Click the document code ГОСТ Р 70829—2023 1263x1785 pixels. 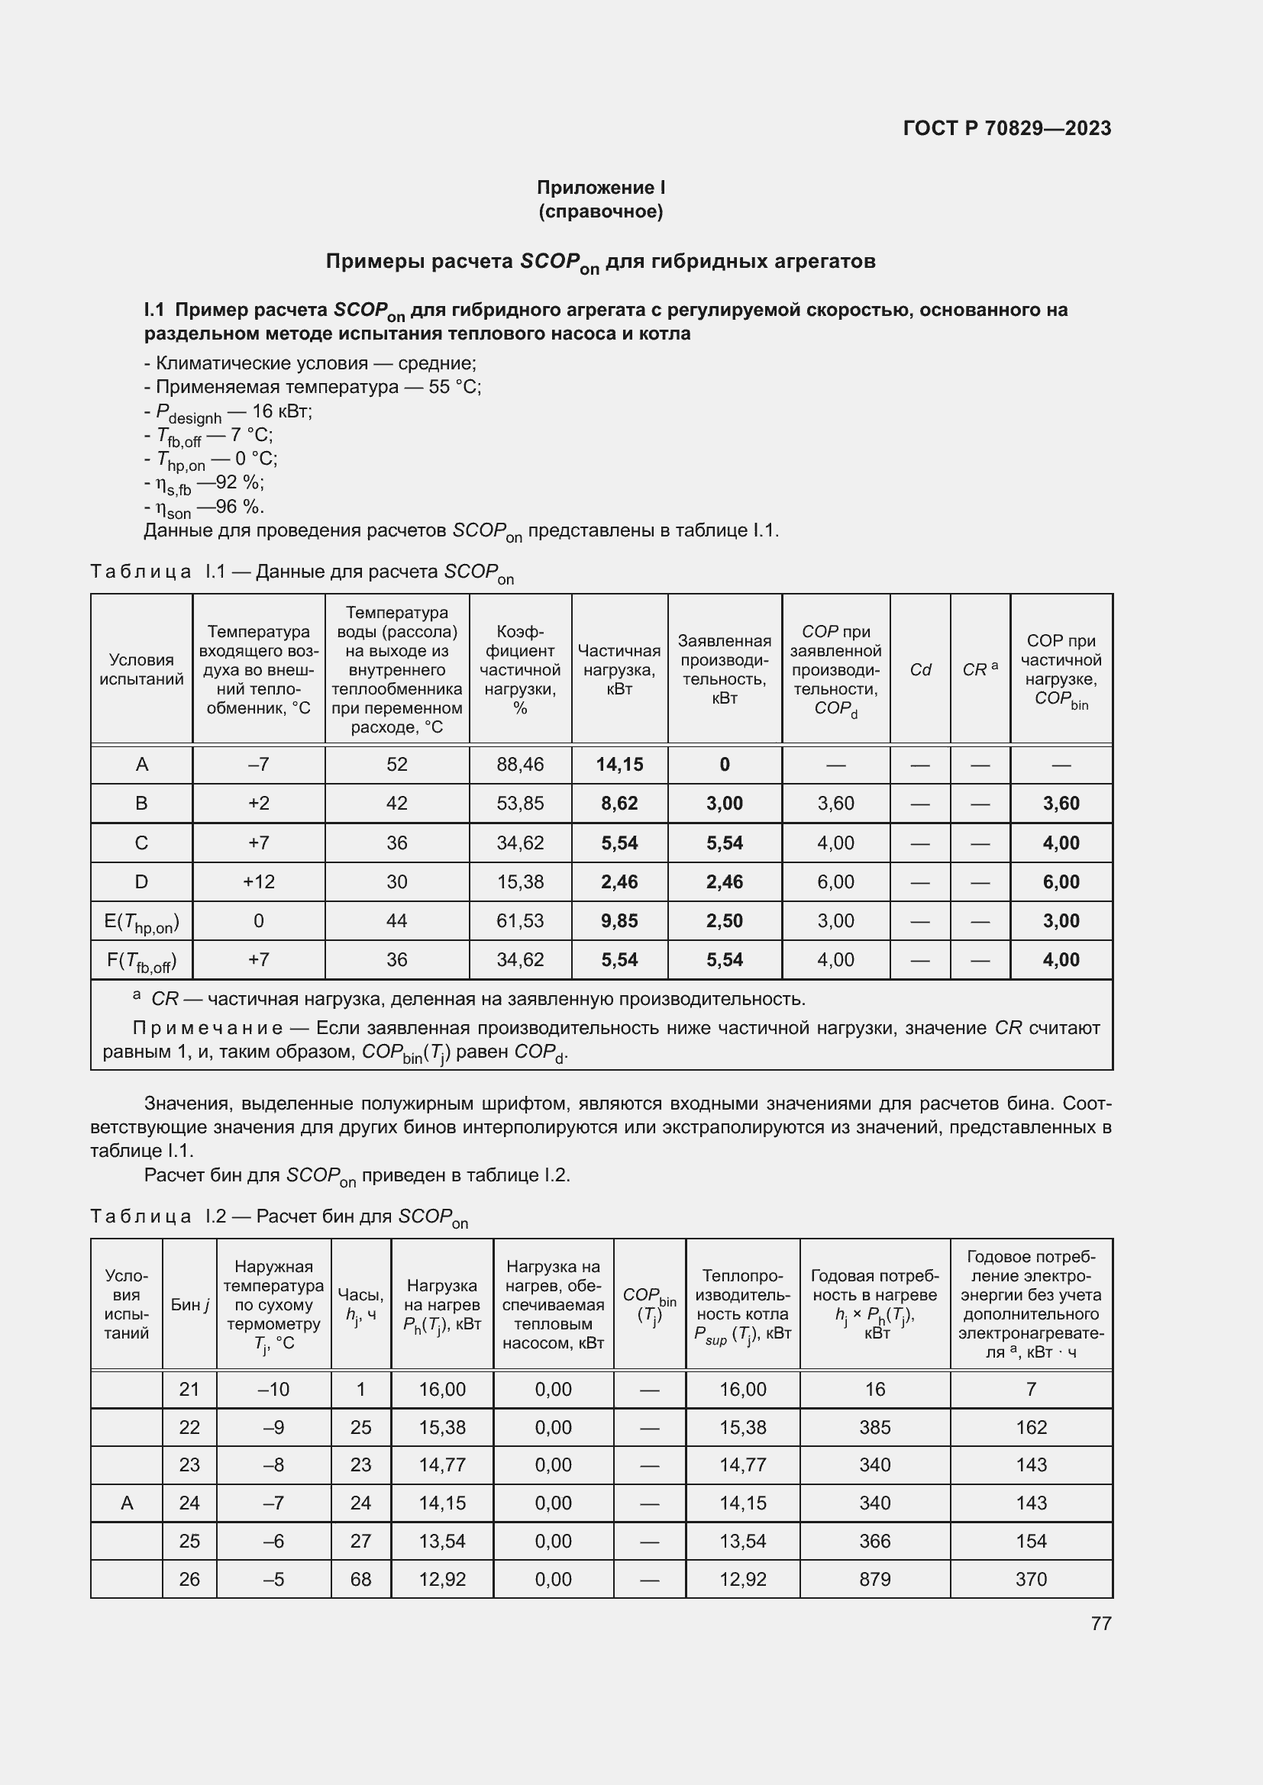pyautogui.click(x=1007, y=128)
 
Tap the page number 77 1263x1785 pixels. pyautogui.click(x=1100, y=1623)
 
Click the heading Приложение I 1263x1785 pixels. pyautogui.click(x=600, y=188)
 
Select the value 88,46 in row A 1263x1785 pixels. pyautogui.click(x=519, y=764)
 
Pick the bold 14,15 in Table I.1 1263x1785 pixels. pyautogui.click(x=619, y=764)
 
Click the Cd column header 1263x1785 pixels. pyautogui.click(x=920, y=669)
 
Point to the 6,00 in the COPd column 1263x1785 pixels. pyautogui.click(x=835, y=881)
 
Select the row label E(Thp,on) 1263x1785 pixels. pyautogui.click(x=141, y=922)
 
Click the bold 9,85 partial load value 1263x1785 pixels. pyautogui.click(x=619, y=920)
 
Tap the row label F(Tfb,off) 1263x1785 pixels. pyautogui.click(x=141, y=961)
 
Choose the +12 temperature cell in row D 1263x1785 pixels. pyautogui.click(x=258, y=881)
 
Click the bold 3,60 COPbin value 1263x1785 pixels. pyautogui.click(x=1061, y=803)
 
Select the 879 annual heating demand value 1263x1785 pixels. pyautogui.click(x=874, y=1579)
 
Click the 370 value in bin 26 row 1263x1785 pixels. pyautogui.click(x=1030, y=1579)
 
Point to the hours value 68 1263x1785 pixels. pyautogui.click(x=360, y=1579)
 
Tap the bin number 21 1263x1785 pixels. pyautogui.click(x=189, y=1389)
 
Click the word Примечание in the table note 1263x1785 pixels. pyautogui.click(x=208, y=1028)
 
